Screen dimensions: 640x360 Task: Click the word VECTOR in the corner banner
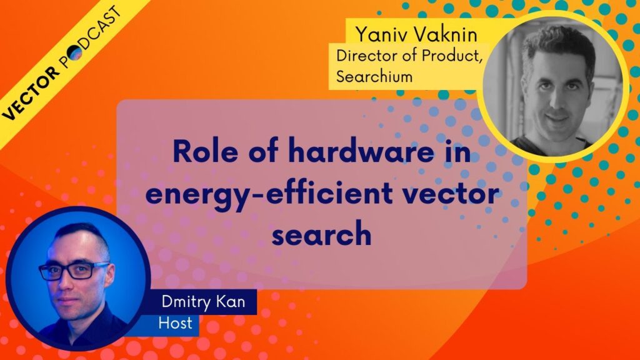pos(31,93)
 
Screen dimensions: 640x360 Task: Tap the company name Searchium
pos(374,76)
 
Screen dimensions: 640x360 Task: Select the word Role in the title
pos(205,151)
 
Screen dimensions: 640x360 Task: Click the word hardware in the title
pos(361,151)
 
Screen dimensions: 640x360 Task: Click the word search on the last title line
pos(322,234)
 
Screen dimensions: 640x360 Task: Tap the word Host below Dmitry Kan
pos(175,323)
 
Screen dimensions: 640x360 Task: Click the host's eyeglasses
pos(74,271)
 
